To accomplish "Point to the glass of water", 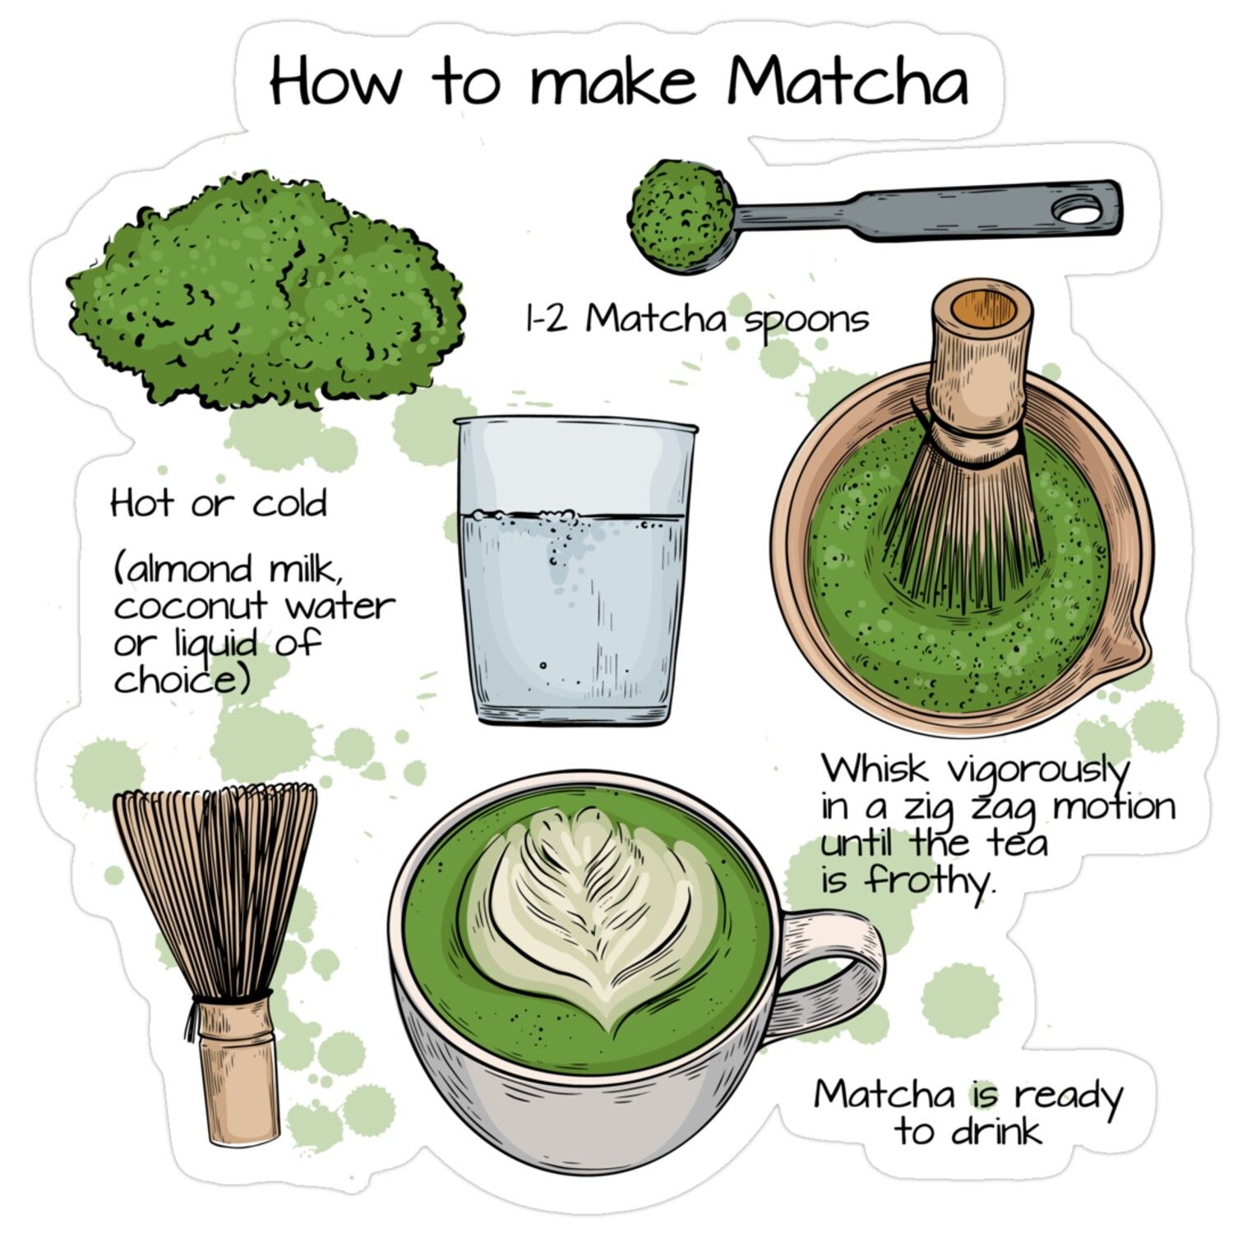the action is pos(575,570).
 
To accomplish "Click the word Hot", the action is pos(142,502).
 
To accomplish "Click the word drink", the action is pos(996,1131).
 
